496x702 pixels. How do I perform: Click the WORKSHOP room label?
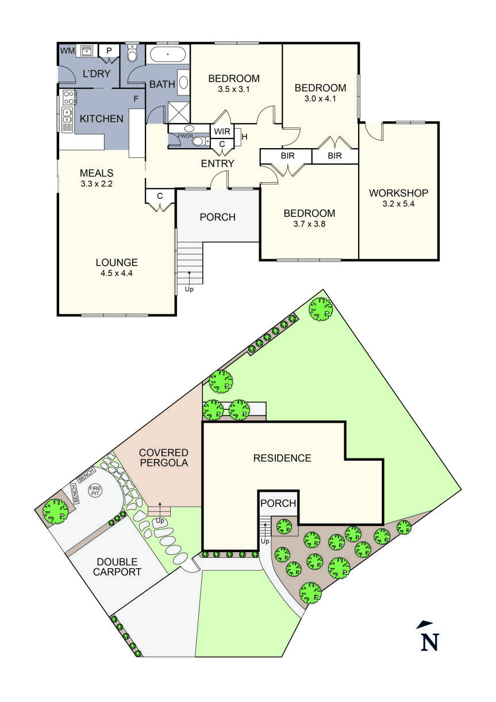[398, 192]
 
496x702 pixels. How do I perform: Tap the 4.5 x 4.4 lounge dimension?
[117, 273]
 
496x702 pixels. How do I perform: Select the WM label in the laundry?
[67, 51]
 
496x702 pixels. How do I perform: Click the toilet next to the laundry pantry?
[132, 54]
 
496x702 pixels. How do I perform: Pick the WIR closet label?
[222, 132]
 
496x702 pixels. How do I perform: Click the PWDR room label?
[184, 136]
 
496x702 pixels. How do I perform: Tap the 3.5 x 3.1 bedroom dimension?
[233, 90]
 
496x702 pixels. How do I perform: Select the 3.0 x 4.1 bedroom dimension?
[320, 99]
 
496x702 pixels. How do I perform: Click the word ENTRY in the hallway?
[217, 164]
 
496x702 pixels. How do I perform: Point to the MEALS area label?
[97, 173]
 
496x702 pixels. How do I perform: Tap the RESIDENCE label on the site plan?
[282, 458]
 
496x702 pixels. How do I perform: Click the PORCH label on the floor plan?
[217, 217]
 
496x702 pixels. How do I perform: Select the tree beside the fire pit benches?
[55, 509]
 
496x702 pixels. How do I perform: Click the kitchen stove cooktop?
[69, 95]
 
